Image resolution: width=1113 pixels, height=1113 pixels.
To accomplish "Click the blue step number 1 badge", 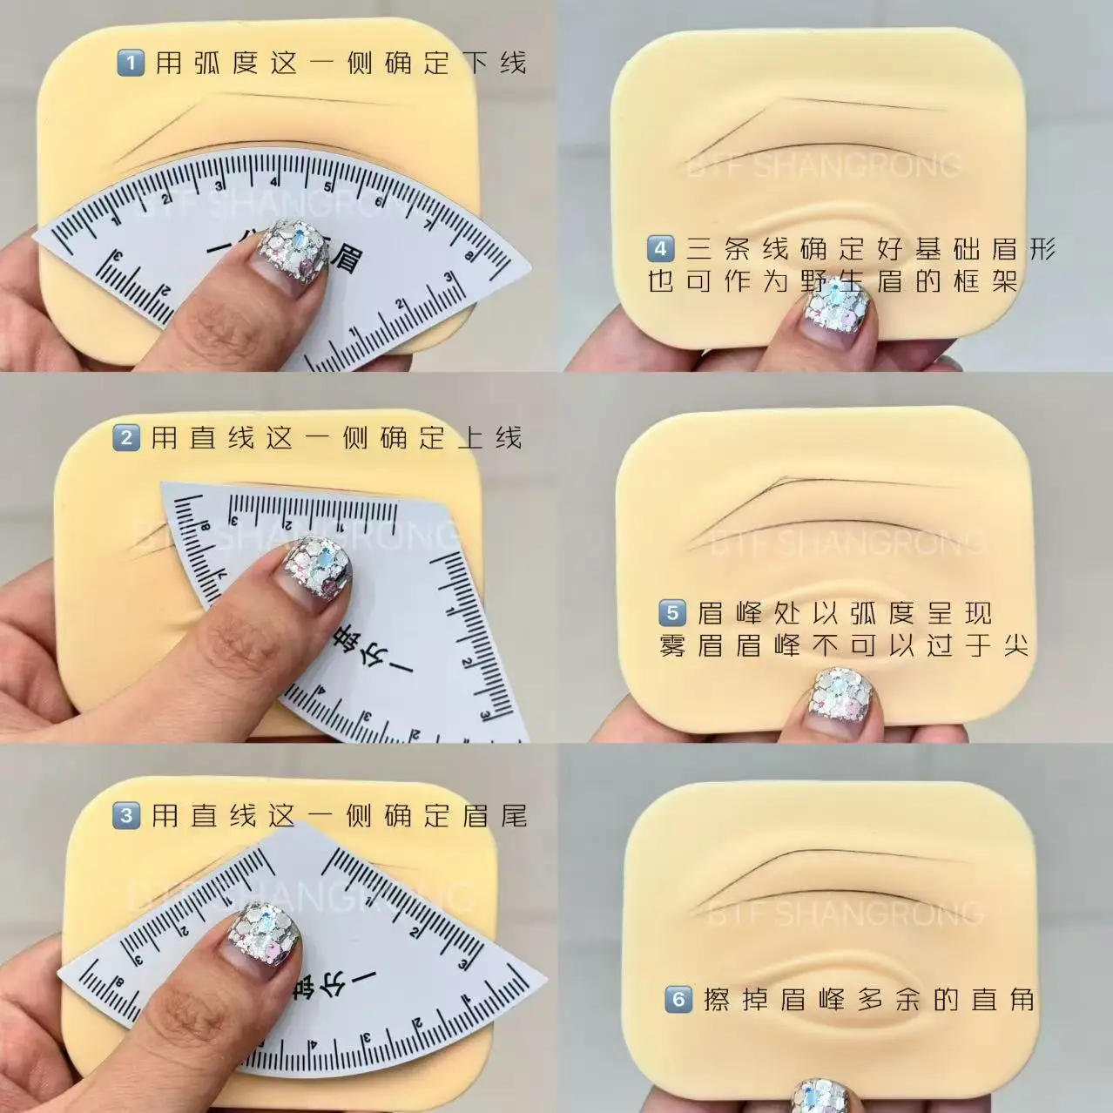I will (130, 64).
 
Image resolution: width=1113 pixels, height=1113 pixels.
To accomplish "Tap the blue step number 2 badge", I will (125, 437).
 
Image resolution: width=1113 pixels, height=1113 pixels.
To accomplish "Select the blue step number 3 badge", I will (126, 816).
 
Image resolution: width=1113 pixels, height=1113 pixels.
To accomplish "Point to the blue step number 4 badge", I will (660, 249).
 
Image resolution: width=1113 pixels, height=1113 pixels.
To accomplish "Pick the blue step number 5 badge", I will (671, 613).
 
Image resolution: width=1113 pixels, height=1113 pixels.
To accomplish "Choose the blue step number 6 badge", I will (678, 999).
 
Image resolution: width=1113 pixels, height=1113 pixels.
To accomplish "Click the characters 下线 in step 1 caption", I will (494, 63).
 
